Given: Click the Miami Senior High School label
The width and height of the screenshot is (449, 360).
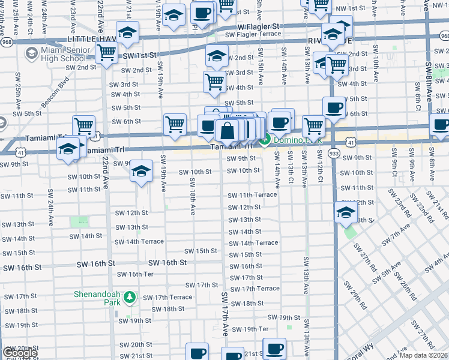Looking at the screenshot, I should pos(60,53).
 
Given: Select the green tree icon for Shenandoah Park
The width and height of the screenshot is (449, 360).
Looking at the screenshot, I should pos(131,298).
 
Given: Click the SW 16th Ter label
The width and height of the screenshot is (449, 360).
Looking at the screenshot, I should pos(136,274).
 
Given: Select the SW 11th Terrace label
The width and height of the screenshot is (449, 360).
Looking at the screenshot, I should pos(252,196).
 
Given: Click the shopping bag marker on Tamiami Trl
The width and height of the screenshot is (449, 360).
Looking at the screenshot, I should pos(228,130).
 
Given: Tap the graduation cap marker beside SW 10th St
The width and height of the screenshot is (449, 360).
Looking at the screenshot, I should pos(141,171).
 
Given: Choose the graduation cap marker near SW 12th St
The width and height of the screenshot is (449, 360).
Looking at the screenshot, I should pos(345,213).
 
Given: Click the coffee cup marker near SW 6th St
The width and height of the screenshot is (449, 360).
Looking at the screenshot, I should pos(334,107).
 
